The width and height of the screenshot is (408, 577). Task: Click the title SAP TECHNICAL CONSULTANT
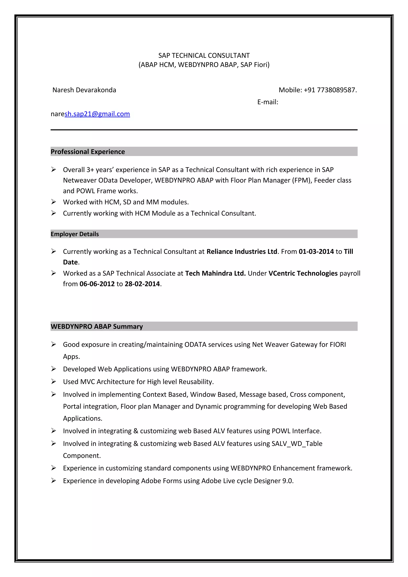(204, 55)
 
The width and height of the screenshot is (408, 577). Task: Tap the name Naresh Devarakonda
(84, 90)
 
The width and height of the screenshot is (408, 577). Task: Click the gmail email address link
(97, 114)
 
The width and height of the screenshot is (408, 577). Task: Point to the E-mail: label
(268, 102)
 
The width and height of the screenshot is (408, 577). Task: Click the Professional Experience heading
(88, 152)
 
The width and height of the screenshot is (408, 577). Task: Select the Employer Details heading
(75, 234)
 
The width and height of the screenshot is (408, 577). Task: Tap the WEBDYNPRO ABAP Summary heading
(97, 327)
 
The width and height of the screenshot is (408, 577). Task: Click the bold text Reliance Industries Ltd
(242, 251)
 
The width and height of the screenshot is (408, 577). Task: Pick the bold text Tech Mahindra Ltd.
(215, 273)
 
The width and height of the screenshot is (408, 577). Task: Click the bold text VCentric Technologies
(303, 273)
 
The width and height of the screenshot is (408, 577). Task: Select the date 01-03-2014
(316, 251)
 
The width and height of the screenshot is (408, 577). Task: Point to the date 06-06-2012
(97, 284)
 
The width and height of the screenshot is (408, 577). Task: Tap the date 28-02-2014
(142, 284)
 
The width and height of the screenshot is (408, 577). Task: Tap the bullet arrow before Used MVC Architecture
(54, 381)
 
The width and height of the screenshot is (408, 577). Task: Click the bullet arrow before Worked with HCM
(54, 202)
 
